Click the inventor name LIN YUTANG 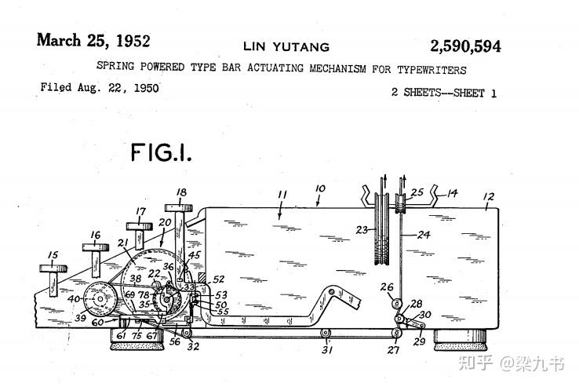[288, 47]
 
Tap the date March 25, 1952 [93, 41]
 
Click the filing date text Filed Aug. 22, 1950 [100, 88]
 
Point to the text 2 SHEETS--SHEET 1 [443, 93]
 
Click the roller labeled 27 [397, 335]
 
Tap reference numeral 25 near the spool [417, 191]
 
